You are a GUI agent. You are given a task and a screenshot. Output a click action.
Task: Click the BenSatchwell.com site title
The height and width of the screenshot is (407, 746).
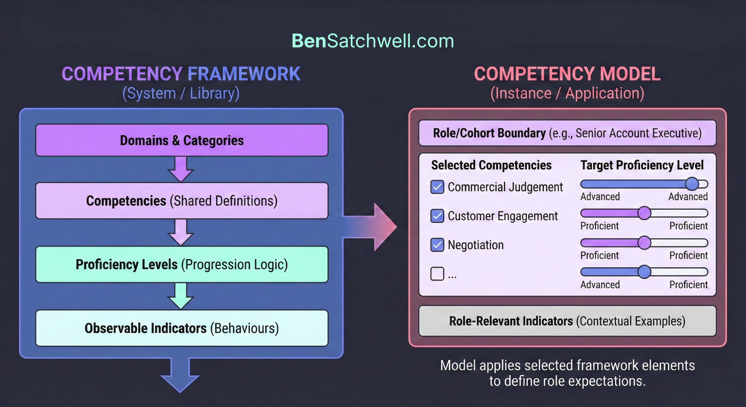point(373,41)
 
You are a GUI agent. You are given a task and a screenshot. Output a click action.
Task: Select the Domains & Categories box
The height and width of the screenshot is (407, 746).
point(182,140)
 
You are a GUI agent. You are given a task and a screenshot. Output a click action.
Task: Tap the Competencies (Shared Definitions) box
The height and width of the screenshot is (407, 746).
point(182,201)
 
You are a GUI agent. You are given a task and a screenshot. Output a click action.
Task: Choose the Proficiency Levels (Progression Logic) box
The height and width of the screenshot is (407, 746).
point(182,265)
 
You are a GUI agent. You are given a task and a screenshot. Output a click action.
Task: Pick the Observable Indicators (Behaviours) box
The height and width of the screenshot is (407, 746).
point(182,328)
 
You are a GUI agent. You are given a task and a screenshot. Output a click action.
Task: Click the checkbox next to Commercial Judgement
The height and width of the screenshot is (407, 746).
point(437,187)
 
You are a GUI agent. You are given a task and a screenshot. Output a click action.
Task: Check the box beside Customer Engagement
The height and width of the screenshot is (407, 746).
point(437,216)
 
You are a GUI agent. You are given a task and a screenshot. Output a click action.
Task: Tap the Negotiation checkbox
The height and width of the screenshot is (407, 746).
point(437,245)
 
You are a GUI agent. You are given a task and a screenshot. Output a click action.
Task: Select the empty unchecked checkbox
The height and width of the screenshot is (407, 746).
point(437,274)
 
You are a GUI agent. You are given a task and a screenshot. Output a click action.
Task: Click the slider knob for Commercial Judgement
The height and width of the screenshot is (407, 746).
point(692,184)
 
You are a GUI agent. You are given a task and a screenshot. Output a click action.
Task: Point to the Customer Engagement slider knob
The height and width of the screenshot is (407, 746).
point(644,213)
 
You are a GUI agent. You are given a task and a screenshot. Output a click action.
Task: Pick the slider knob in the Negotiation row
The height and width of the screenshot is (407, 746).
point(644,243)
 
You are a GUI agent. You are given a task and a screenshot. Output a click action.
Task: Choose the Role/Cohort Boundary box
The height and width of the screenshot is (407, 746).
point(567,133)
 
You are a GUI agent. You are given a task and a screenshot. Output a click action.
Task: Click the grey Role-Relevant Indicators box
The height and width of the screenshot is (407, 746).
point(567,321)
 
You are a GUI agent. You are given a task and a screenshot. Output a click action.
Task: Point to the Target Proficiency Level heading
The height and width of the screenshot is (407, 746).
point(642,165)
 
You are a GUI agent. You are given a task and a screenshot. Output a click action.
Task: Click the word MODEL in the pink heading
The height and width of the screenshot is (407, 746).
point(630,74)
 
